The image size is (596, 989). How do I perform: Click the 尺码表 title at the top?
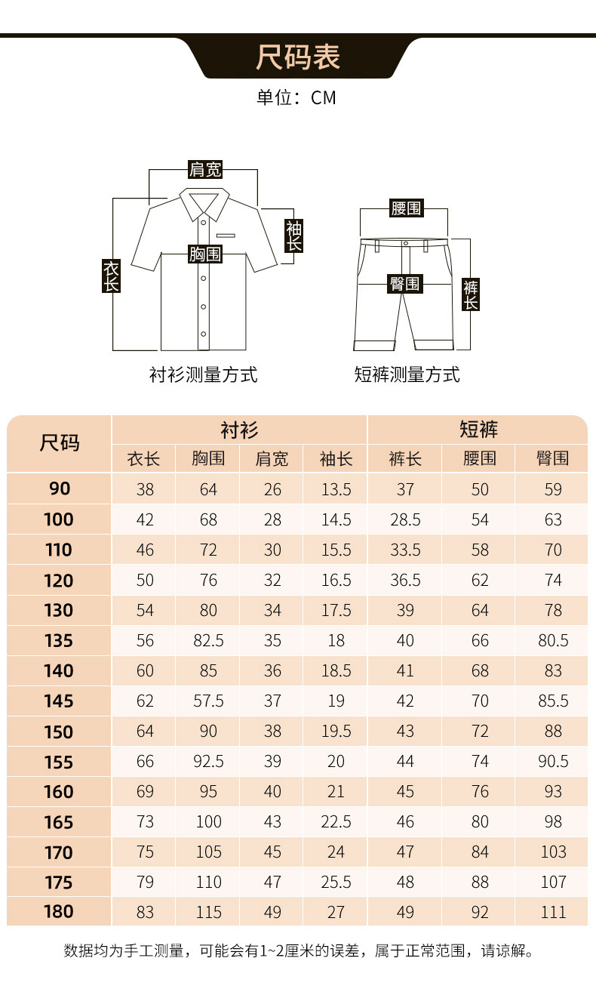(x=297, y=57)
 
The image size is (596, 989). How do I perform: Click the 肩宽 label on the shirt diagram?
(x=205, y=169)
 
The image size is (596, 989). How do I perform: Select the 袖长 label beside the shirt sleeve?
(x=293, y=236)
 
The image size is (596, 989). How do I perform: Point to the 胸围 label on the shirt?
(x=205, y=254)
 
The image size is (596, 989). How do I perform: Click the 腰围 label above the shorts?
(x=406, y=208)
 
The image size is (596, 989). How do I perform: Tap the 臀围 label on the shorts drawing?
(x=405, y=284)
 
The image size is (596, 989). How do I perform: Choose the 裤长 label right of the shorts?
(x=471, y=294)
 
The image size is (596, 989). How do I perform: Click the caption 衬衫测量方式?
(x=204, y=374)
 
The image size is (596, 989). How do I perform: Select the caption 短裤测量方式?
(x=407, y=374)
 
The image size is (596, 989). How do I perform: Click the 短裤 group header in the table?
(x=478, y=430)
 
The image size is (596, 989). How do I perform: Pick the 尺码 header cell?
(x=59, y=443)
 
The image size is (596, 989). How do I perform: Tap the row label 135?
(x=59, y=641)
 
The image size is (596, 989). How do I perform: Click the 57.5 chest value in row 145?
(x=208, y=701)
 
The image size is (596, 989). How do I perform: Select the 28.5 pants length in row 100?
(x=405, y=520)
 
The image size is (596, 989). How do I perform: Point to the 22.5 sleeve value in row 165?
(x=336, y=822)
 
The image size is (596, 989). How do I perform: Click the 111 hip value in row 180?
(x=553, y=912)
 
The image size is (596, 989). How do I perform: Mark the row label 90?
(x=59, y=489)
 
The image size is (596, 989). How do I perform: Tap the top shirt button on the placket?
(x=203, y=221)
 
